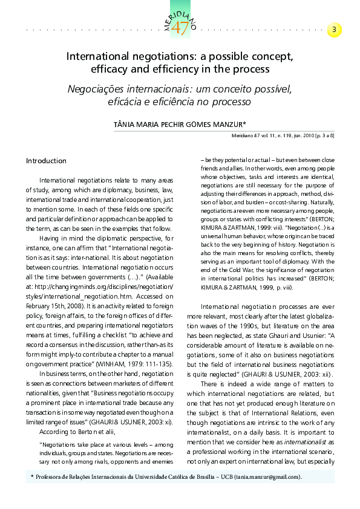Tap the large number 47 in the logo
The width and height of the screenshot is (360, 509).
(180, 28)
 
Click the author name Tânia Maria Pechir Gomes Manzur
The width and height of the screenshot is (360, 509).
(180, 123)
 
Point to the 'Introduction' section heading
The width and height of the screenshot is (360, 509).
(46, 161)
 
